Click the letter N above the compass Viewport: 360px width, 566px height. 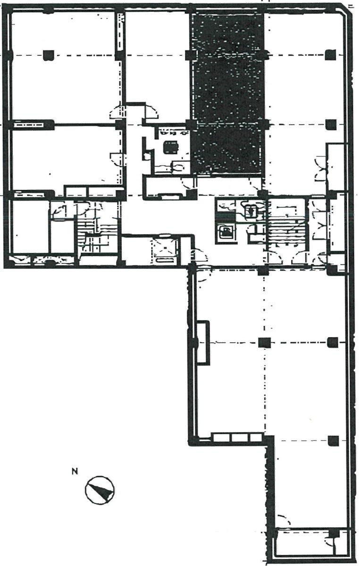click(x=75, y=471)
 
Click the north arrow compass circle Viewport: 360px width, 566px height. click(x=100, y=490)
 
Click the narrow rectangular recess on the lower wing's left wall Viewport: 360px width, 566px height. click(x=202, y=343)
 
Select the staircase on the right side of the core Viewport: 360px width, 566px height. click(x=287, y=228)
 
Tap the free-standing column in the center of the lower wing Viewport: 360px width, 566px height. click(x=264, y=342)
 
